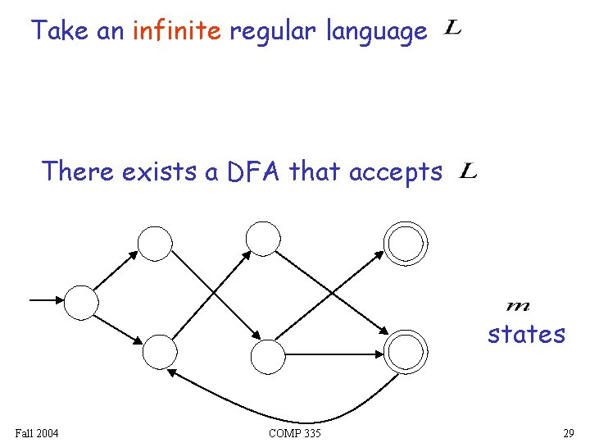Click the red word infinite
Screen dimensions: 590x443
(x=175, y=32)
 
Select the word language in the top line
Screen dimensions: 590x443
(x=377, y=33)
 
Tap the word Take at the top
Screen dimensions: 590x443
(x=61, y=32)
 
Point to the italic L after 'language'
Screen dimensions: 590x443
(x=452, y=30)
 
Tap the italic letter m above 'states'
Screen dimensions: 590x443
(x=518, y=307)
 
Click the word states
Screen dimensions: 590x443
(x=526, y=335)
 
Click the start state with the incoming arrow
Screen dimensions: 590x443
(x=81, y=302)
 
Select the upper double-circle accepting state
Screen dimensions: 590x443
(x=406, y=242)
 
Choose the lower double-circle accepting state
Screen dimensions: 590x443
(x=406, y=352)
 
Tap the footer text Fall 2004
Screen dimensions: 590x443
(x=37, y=432)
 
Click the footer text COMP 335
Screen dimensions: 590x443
(x=294, y=432)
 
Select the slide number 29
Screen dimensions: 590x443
(x=568, y=432)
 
